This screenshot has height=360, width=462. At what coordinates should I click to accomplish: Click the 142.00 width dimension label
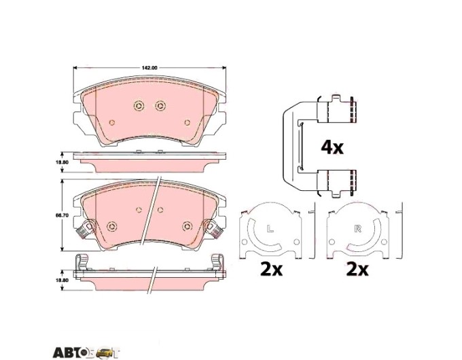(149, 68)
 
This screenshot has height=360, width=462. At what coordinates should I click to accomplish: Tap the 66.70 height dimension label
(65, 215)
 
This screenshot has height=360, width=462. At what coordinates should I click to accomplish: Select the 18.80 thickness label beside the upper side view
(65, 162)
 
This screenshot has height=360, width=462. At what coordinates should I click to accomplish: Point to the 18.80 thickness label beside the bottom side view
(64, 280)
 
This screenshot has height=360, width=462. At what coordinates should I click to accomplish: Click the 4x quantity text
(332, 147)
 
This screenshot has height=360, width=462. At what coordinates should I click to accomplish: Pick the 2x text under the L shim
(271, 269)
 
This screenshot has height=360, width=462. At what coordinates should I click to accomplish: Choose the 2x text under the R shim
(357, 269)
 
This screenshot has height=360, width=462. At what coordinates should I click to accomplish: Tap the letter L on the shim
(270, 228)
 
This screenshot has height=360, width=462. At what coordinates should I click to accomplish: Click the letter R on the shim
(357, 228)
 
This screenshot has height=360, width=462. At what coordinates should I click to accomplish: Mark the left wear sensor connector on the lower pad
(84, 228)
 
